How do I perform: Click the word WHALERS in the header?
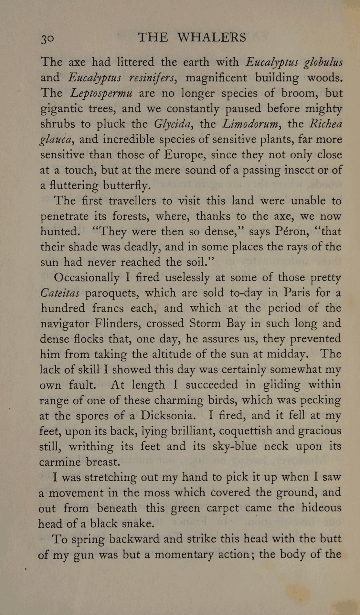tap(212, 37)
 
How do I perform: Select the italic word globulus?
tap(323, 62)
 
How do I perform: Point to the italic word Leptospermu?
tap(101, 93)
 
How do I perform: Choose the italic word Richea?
tap(325, 124)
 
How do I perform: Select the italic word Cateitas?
tap(60, 293)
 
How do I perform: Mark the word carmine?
tap(60, 462)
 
